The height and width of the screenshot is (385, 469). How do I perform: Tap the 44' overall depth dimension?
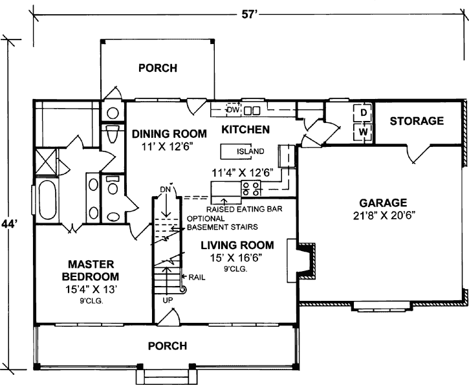9,224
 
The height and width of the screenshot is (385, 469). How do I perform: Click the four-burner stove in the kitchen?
251,188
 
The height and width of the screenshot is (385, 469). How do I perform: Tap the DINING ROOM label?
169,134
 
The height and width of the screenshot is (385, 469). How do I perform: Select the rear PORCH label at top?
158,67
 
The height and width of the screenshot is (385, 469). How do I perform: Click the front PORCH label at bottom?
168,346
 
